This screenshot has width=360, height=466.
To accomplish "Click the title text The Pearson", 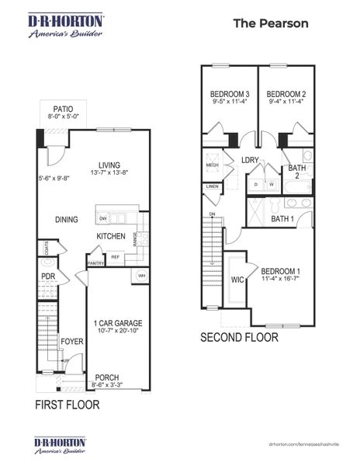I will point(271,23).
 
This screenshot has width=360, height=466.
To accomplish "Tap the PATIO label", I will point(64,109).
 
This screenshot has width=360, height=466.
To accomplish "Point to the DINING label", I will point(66,220).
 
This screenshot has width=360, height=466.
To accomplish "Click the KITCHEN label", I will point(110,236).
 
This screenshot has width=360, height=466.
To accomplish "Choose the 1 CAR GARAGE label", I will point(118,323).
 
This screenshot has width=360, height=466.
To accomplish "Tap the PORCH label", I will point(106,377).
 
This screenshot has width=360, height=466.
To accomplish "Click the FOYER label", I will point(72,339).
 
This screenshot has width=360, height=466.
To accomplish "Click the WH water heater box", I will point(142,276).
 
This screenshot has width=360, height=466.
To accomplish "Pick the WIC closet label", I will point(237,280).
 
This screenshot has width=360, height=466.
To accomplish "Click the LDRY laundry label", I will point(250,160).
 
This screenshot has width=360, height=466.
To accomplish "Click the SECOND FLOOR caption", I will point(239,339).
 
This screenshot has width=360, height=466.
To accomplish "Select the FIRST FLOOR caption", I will point(67,405).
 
